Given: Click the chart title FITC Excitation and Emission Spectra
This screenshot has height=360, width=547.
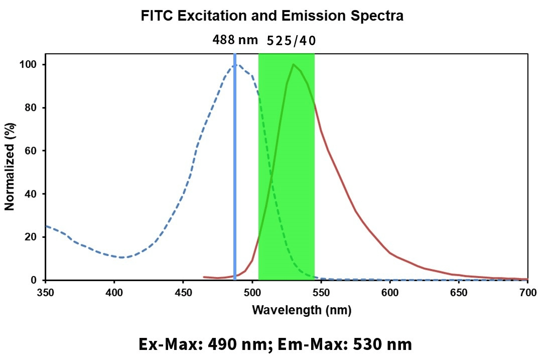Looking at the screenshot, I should click(272, 16).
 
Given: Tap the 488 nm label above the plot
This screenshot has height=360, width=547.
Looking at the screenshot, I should click(235, 41).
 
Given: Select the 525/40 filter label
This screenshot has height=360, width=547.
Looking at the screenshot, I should click(291, 41).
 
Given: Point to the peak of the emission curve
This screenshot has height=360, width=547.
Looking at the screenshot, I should click(293, 64).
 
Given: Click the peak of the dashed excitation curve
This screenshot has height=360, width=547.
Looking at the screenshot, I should click(239, 65).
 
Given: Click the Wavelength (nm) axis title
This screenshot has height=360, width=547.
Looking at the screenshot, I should click(301, 310).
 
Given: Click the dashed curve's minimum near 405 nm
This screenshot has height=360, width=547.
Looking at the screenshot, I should click(122, 258).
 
